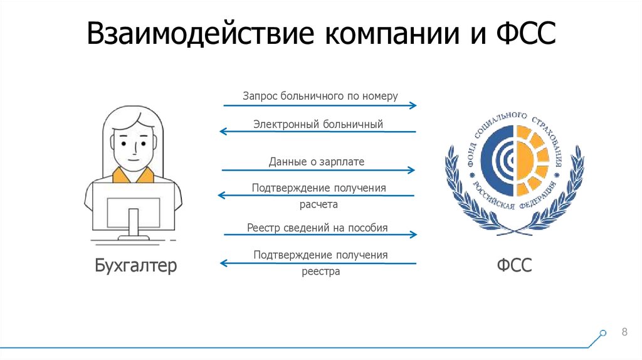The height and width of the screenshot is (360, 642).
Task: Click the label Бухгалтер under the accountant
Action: pyautogui.click(x=136, y=266)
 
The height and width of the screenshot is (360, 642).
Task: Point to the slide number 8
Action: pyautogui.click(x=624, y=332)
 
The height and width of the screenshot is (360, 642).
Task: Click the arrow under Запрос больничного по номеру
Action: pyautogui.click(x=319, y=106)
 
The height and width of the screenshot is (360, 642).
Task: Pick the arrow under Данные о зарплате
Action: pyautogui.click(x=318, y=170)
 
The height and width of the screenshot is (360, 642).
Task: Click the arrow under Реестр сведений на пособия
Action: pyautogui.click(x=319, y=235)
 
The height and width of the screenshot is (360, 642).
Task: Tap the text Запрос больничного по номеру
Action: pyautogui.click(x=320, y=97)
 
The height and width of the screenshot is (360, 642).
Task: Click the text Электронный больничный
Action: pyautogui.click(x=318, y=124)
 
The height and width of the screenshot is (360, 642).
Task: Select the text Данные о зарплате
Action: pyautogui.click(x=317, y=162)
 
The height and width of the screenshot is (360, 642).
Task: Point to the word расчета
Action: pyautogui.click(x=319, y=204)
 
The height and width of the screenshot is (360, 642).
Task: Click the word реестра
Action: pyautogui.click(x=320, y=272)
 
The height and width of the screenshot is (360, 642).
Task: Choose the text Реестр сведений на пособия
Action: pyautogui.click(x=317, y=227)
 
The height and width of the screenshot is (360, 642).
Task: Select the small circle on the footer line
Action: pyautogui.click(x=603, y=333)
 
